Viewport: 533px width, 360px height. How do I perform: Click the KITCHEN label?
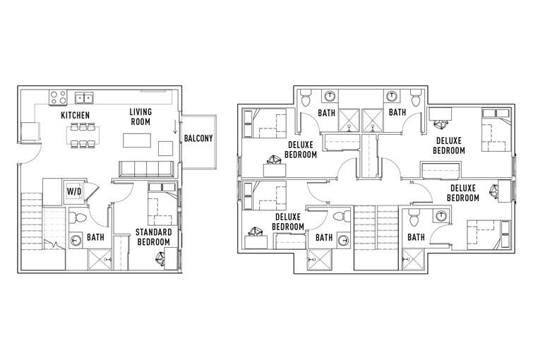click(75, 115)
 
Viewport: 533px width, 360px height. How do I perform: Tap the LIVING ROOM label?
click(140, 116)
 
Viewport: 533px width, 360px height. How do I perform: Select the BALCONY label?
click(198, 138)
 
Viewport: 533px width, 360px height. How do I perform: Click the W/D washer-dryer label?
click(73, 191)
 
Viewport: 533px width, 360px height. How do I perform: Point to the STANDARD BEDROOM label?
click(152, 237)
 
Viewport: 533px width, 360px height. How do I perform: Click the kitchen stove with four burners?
click(58, 97)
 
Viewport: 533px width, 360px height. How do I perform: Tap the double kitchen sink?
click(84, 98)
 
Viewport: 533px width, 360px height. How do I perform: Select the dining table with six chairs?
click(83, 136)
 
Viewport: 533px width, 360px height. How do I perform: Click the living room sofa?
click(147, 169)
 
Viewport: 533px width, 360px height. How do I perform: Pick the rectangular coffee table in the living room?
click(137, 140)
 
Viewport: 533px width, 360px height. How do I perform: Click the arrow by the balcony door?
click(175, 127)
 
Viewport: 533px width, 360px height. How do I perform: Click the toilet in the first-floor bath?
click(78, 217)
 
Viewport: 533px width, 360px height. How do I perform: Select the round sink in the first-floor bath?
click(76, 241)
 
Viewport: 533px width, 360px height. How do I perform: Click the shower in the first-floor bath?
click(100, 259)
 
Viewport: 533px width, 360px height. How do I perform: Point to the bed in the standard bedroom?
click(163, 204)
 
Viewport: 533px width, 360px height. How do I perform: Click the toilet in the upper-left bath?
click(306, 99)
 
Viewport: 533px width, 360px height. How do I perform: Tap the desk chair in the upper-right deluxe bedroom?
click(441, 125)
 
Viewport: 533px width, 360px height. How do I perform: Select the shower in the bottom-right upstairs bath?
click(413, 260)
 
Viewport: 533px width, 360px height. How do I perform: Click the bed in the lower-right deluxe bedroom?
click(489, 235)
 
